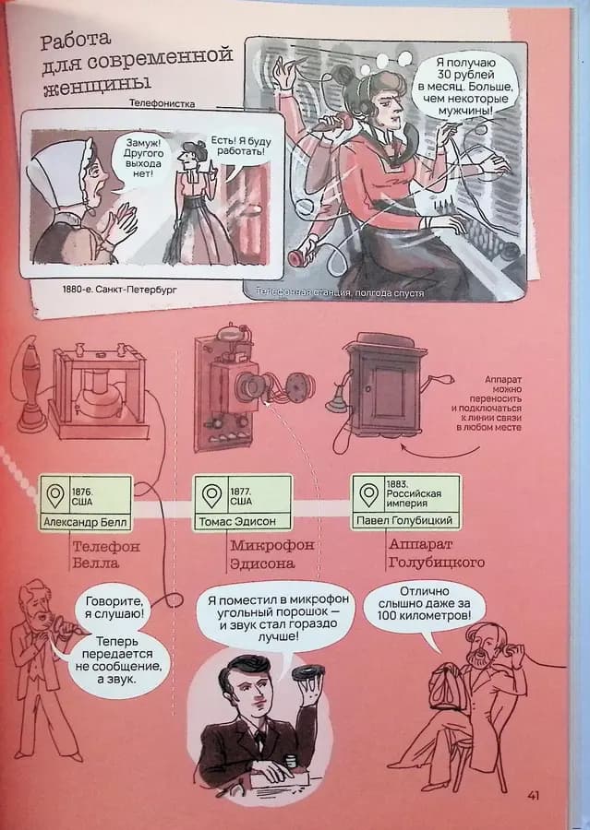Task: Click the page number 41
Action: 533,795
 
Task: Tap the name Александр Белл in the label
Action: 85,523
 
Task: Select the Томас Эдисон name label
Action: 237,521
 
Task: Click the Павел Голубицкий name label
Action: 403,520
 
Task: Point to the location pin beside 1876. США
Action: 55,495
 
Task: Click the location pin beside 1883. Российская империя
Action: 368,494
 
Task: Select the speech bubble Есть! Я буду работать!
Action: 240,148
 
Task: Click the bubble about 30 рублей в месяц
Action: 465,87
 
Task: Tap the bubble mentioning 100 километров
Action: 424,604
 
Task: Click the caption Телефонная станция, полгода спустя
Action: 340,292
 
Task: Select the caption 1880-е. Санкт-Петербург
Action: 120,290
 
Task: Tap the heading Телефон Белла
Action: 106,554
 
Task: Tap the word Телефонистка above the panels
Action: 163,103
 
